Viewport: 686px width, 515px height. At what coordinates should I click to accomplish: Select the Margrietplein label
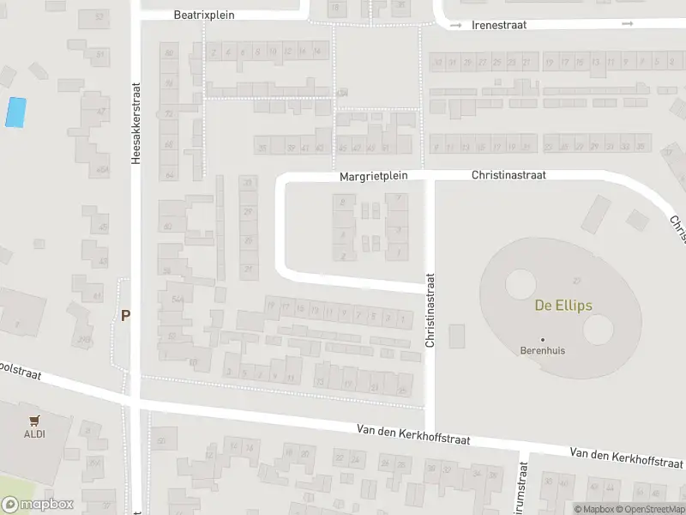pyautogui.click(x=374, y=175)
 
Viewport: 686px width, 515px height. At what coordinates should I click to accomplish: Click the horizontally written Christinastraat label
pyautogui.click(x=508, y=174)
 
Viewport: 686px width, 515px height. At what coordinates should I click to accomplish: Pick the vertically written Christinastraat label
pyautogui.click(x=430, y=311)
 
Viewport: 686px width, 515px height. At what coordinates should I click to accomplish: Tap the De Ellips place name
pyautogui.click(x=563, y=306)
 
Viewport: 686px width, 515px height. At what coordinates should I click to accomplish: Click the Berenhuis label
pyautogui.click(x=543, y=350)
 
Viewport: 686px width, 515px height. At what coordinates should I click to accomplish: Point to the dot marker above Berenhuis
pyautogui.click(x=543, y=340)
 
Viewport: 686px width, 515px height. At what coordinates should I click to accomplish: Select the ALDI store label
pyautogui.click(x=34, y=433)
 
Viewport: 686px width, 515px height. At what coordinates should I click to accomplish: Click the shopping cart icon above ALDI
pyautogui.click(x=34, y=421)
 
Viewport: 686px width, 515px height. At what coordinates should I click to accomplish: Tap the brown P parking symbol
pyautogui.click(x=125, y=316)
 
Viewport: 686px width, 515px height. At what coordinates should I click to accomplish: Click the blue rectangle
pyautogui.click(x=15, y=112)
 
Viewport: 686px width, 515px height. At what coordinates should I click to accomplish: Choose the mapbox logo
pyautogui.click(x=38, y=505)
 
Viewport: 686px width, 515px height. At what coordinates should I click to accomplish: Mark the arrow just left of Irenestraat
pyautogui.click(x=455, y=26)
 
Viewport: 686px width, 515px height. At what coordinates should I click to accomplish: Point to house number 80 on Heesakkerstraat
pyautogui.click(x=169, y=53)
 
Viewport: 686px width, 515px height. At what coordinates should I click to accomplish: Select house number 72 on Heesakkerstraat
pyautogui.click(x=169, y=113)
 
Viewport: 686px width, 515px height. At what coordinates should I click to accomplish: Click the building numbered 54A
pyautogui.click(x=178, y=299)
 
